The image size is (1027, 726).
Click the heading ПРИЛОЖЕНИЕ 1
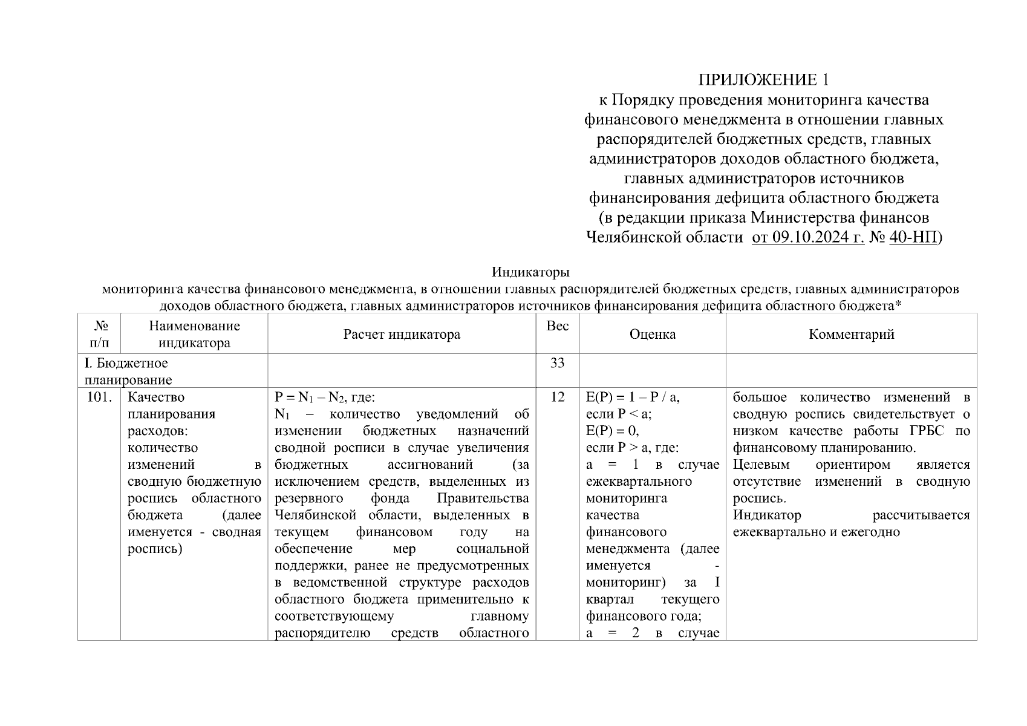click(x=763, y=80)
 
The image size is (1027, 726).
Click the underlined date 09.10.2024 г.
click(x=808, y=237)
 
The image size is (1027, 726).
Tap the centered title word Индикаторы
click(x=530, y=272)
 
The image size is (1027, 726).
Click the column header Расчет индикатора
click(x=402, y=334)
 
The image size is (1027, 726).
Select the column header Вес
click(x=557, y=326)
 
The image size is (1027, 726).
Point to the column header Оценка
click(x=652, y=334)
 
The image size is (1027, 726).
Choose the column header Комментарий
click(x=851, y=334)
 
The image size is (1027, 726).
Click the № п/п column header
click(x=99, y=334)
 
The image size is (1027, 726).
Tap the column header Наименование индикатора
click(x=194, y=334)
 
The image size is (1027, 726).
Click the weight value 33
click(x=557, y=363)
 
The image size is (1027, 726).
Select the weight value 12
click(x=557, y=397)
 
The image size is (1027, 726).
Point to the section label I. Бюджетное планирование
click(x=127, y=371)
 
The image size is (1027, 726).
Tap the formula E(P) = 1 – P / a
click(x=633, y=397)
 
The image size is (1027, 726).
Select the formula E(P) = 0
click(x=612, y=431)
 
